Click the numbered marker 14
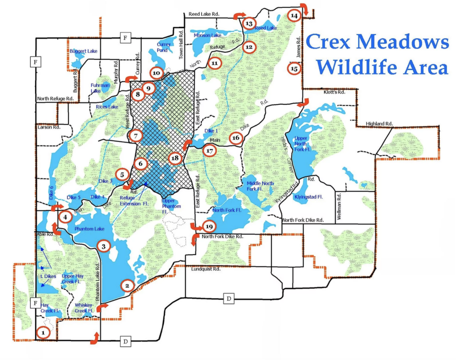click(x=293, y=15)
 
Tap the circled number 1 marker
click(x=43, y=332)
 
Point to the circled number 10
click(x=156, y=72)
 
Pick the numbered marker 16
click(x=236, y=138)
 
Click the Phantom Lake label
click(x=90, y=229)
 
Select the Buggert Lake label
click(x=83, y=51)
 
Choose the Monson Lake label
click(x=207, y=35)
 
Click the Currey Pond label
click(x=164, y=47)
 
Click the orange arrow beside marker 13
click(x=239, y=16)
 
